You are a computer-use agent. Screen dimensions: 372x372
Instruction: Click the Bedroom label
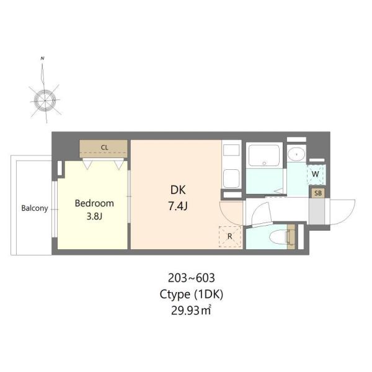pyautogui.click(x=94, y=203)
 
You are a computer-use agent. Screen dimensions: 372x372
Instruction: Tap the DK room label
pyautogui.click(x=178, y=190)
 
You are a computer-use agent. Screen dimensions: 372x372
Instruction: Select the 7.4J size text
pyautogui.click(x=178, y=206)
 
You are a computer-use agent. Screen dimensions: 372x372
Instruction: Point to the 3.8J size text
pyautogui.click(x=94, y=216)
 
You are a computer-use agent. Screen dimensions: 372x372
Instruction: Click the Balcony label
pyautogui.click(x=35, y=208)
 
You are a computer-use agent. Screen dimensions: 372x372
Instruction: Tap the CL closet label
pyautogui.click(x=104, y=148)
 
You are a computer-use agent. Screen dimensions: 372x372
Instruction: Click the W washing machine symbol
pyautogui.click(x=316, y=174)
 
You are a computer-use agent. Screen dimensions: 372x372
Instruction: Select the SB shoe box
pyautogui.click(x=318, y=193)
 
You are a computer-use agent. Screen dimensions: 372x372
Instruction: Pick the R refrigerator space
pyautogui.click(x=229, y=237)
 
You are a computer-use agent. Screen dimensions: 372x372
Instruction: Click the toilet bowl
pyautogui.click(x=278, y=237)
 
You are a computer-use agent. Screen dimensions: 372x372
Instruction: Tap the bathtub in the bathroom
pyautogui.click(x=264, y=155)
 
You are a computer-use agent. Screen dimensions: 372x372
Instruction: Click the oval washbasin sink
pyautogui.click(x=296, y=154)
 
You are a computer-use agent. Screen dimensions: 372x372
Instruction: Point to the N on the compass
pyautogui.click(x=42, y=58)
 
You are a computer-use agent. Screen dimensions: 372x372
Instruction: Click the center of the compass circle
pyautogui.click(x=45, y=100)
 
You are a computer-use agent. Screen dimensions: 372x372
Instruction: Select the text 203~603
pyautogui.click(x=191, y=278)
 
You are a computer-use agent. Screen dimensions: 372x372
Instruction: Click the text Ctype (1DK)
pyautogui.click(x=191, y=294)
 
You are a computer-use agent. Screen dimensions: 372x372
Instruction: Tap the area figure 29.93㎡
pyautogui.click(x=191, y=311)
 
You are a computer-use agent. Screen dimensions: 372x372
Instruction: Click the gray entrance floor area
pyautogui.click(x=317, y=211)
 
